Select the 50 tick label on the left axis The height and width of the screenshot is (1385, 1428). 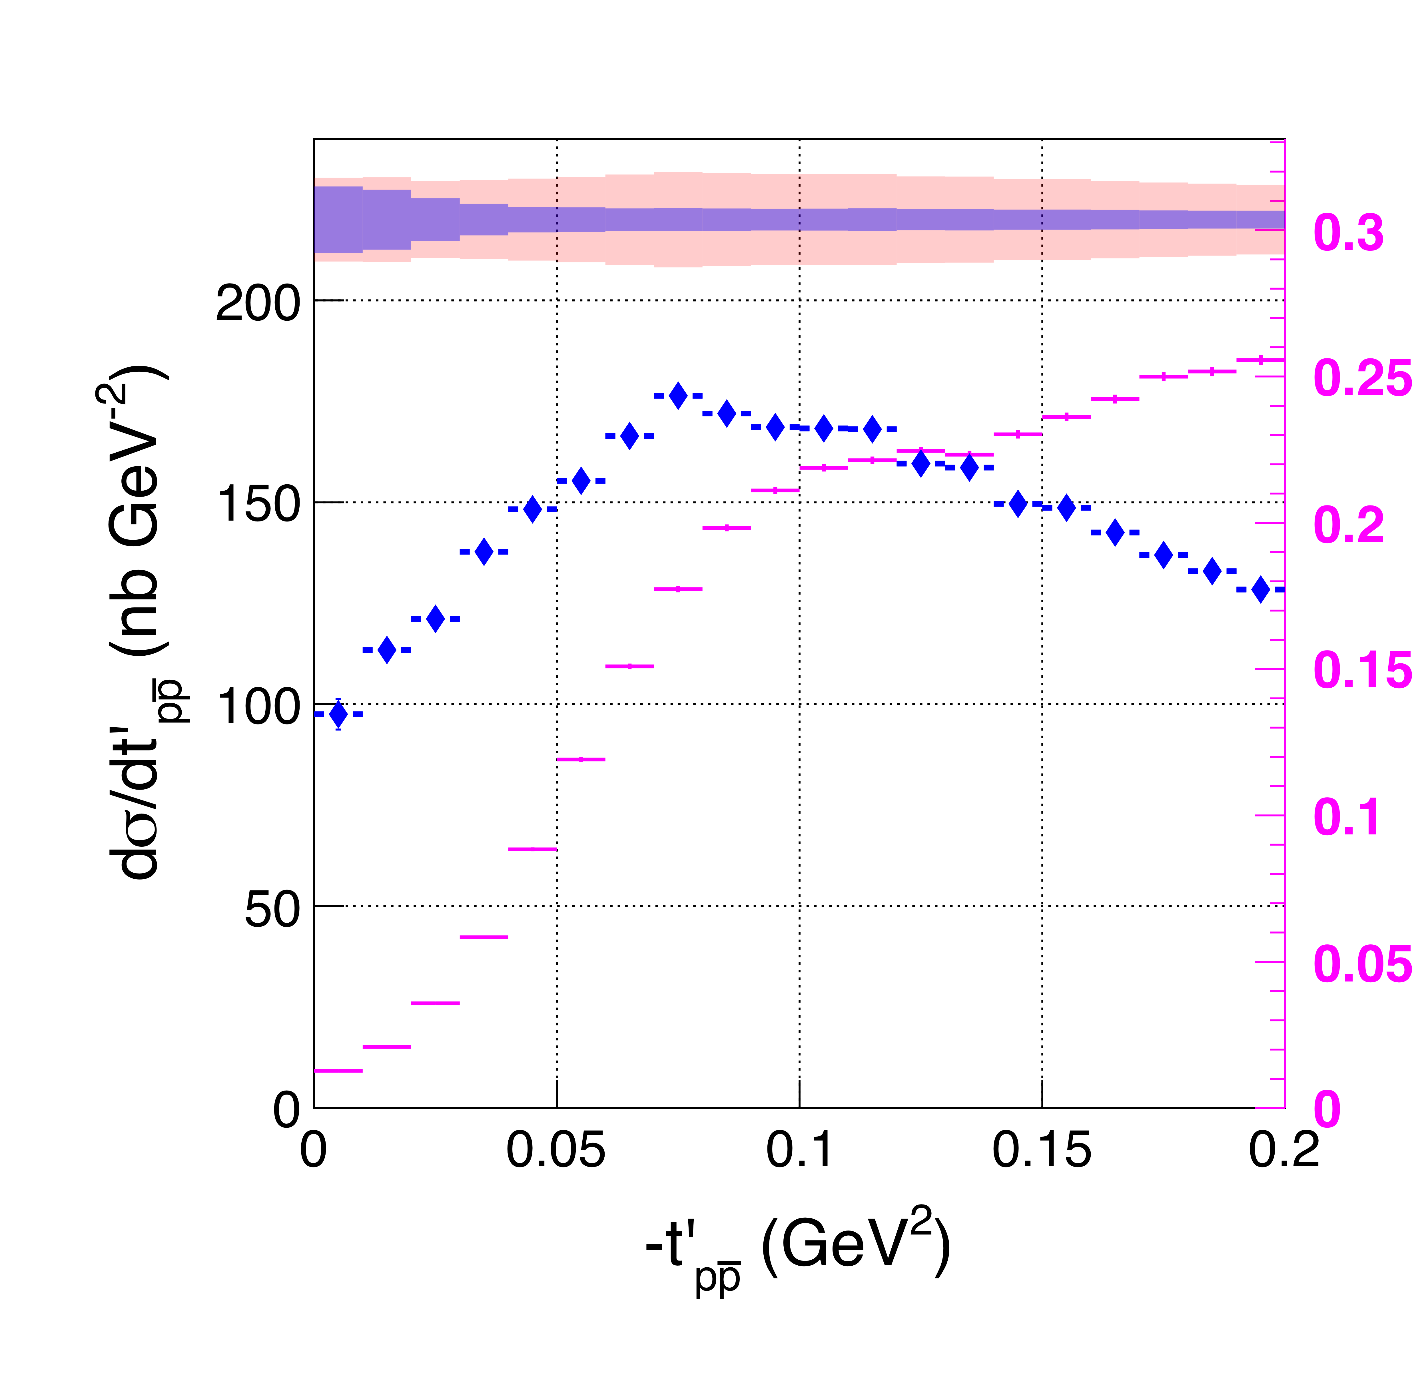coord(272,909)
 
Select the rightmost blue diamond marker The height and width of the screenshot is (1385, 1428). coord(1260,589)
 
